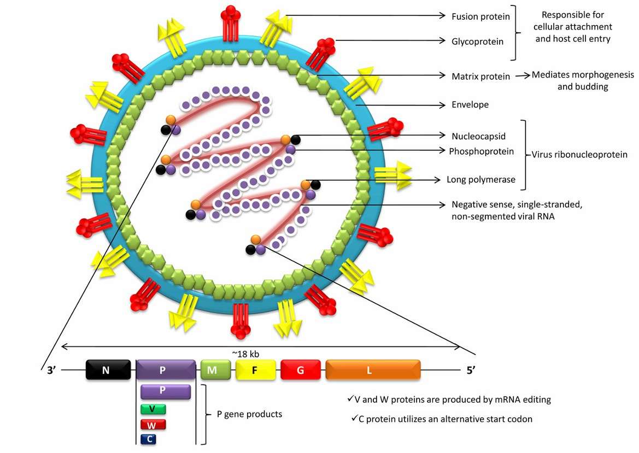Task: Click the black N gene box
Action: coord(108,370)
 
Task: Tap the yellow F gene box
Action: coord(255,370)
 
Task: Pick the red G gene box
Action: coord(300,370)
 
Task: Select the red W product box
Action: coord(153,425)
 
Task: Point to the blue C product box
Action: coord(149,439)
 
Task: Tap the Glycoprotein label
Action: coord(477,40)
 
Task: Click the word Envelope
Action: coord(470,104)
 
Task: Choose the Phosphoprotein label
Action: coord(482,151)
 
